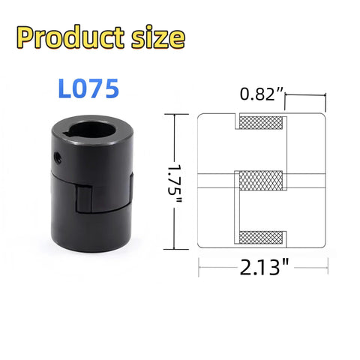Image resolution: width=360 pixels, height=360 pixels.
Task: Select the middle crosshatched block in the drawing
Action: coord(260,181)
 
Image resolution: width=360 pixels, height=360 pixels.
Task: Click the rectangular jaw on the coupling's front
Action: coord(85,200)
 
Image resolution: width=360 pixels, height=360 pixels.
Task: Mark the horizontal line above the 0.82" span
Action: coord(306,95)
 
